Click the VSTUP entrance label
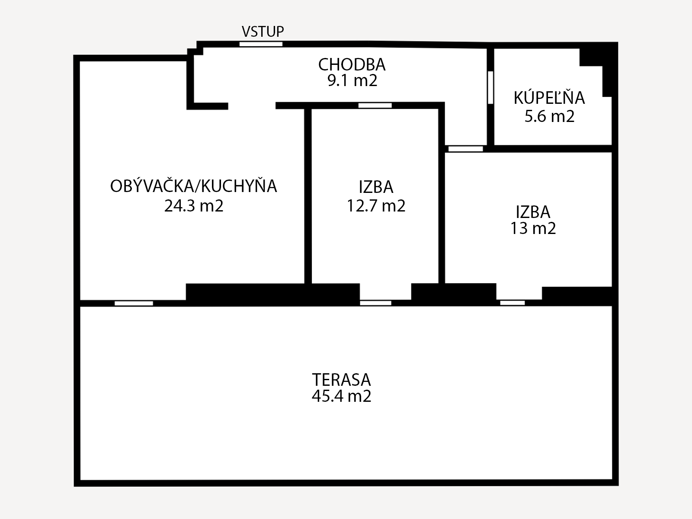tap(263, 32)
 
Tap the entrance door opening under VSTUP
tap(261, 44)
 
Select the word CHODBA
tap(352, 64)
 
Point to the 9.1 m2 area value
tap(352, 81)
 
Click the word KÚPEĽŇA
tap(549, 98)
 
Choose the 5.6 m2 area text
tap(549, 116)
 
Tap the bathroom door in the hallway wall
tap(490, 88)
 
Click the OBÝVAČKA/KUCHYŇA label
tap(194, 186)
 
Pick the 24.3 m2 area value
tap(194, 206)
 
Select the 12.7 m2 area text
tap(376, 206)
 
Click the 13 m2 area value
tap(533, 228)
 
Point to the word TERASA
tap(341, 380)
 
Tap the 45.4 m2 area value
tap(341, 396)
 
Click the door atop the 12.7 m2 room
tap(375, 106)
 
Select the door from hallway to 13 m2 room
tap(466, 149)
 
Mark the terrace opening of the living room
tap(134, 304)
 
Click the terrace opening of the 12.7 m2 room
tap(375, 303)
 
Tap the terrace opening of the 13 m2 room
tap(513, 303)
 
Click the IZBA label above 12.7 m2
tap(376, 187)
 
